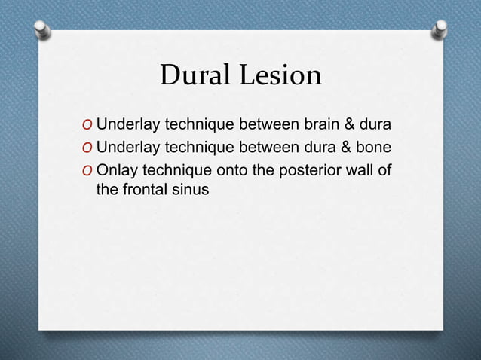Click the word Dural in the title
tap(198, 75)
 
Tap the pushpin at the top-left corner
tap(44, 29)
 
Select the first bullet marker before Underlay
tap(89, 124)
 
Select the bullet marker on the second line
tap(89, 147)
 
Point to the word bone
tap(375, 146)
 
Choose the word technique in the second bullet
tap(196, 146)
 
